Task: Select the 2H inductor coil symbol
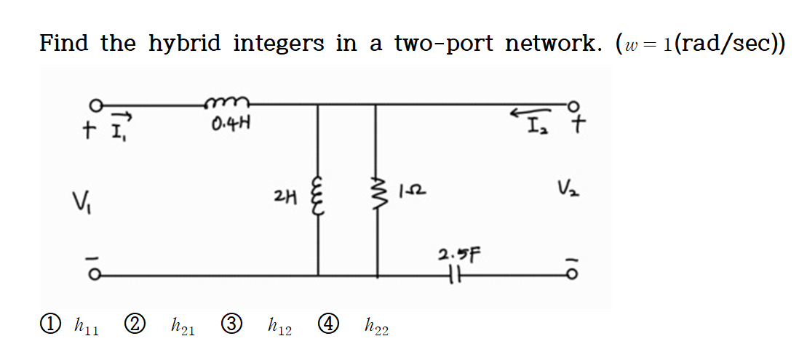[x=317, y=194]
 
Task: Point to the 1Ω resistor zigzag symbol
[x=377, y=194]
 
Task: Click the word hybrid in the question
[x=185, y=44]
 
